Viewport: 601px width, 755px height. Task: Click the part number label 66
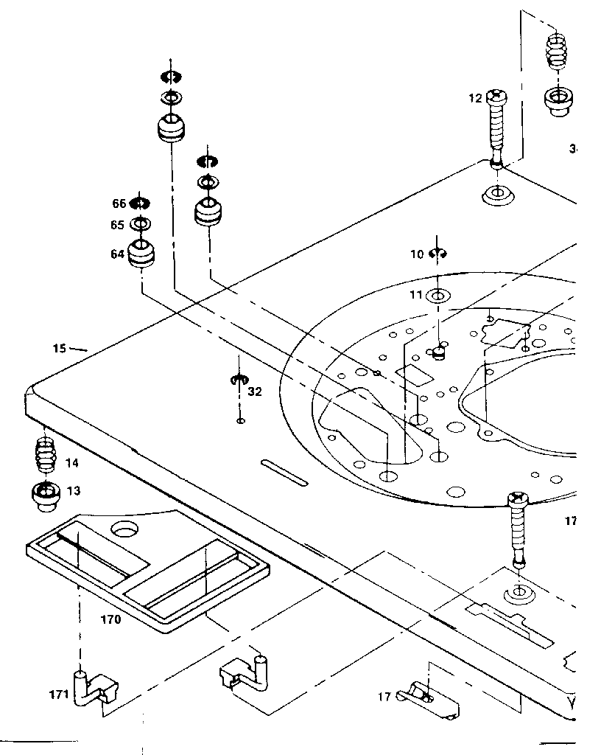(x=119, y=203)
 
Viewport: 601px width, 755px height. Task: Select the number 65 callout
(x=119, y=225)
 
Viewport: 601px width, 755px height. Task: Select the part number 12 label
(x=475, y=97)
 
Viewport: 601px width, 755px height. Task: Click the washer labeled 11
(x=437, y=296)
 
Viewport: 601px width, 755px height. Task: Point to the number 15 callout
(x=60, y=347)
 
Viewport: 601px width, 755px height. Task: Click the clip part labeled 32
(x=237, y=380)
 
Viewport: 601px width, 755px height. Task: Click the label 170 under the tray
(x=110, y=619)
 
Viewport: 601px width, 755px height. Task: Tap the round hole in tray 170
(x=125, y=528)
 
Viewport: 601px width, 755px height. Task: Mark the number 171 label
(x=59, y=694)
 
